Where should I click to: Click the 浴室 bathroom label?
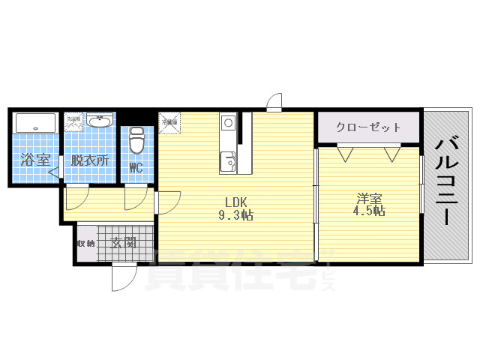[x=34, y=160]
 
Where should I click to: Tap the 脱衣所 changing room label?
[x=90, y=160]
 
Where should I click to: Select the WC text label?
[x=136, y=167]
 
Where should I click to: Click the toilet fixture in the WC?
[x=136, y=142]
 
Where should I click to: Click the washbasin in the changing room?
[x=99, y=121]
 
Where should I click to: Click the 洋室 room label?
[x=369, y=198]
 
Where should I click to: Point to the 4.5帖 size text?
[x=369, y=211]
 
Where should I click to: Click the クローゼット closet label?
[x=368, y=127]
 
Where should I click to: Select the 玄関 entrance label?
[x=124, y=243]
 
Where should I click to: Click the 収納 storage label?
[x=86, y=243]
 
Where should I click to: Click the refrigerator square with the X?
[x=169, y=122]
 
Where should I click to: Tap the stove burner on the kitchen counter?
[x=228, y=122]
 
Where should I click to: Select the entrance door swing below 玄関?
[x=122, y=278]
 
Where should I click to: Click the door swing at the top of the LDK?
[x=274, y=102]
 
